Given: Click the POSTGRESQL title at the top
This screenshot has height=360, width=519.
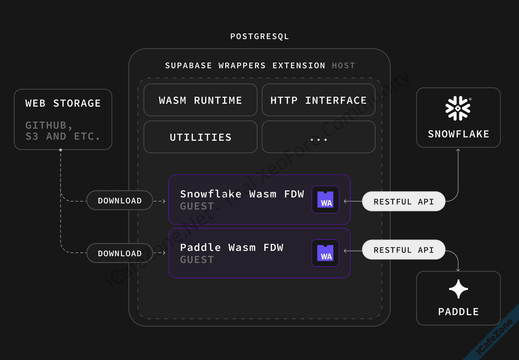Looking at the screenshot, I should pyautogui.click(x=259, y=37).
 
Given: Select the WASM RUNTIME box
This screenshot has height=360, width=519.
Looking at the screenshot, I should pyautogui.click(x=200, y=100).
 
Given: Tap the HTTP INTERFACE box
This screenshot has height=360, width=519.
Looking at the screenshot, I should pyautogui.click(x=318, y=100).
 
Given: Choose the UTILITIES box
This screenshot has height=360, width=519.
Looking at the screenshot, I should pyautogui.click(x=200, y=137).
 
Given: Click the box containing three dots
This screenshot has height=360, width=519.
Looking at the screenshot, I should pyautogui.click(x=318, y=137).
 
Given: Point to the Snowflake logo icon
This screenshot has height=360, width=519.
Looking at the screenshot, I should pyautogui.click(x=458, y=108).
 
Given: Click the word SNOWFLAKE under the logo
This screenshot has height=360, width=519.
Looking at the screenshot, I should pyautogui.click(x=458, y=134).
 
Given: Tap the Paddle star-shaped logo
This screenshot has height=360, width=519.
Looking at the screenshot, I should pyautogui.click(x=458, y=289).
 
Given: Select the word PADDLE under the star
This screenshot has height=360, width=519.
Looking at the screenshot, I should pyautogui.click(x=458, y=312).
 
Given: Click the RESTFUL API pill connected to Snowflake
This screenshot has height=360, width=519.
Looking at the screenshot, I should pyautogui.click(x=404, y=202).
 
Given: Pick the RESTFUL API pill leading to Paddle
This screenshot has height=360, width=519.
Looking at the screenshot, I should pyautogui.click(x=404, y=250).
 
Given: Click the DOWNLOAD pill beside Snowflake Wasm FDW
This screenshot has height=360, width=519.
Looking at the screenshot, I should pyautogui.click(x=120, y=200).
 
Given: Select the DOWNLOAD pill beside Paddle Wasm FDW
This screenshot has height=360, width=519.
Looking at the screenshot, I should pyautogui.click(x=120, y=253).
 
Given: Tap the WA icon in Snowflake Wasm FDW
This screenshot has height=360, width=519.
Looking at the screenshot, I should pyautogui.click(x=325, y=200).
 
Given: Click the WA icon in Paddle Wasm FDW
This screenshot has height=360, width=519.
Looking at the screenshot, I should pyautogui.click(x=325, y=253).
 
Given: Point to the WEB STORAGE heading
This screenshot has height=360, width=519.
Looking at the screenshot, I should pyautogui.click(x=63, y=103).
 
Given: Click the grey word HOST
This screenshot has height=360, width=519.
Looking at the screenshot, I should pyautogui.click(x=343, y=66).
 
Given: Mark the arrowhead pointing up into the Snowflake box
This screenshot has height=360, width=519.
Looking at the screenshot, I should pyautogui.click(x=458, y=150).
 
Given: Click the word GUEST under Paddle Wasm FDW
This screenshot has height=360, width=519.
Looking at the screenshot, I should pyautogui.click(x=197, y=260).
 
